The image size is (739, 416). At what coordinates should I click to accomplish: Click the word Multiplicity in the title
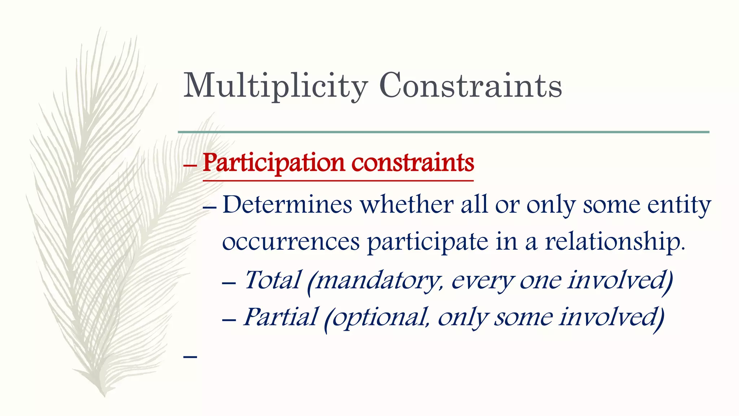[x=275, y=86]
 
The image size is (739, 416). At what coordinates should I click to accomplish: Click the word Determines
[x=287, y=205]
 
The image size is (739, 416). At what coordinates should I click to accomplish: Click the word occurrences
[x=291, y=242]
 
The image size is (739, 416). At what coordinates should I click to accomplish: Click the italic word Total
[x=272, y=280]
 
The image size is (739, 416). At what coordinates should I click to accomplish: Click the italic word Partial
[x=281, y=317]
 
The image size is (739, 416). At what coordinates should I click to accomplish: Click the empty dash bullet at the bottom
[x=190, y=357]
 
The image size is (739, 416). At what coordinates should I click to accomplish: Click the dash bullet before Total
[x=229, y=283]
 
